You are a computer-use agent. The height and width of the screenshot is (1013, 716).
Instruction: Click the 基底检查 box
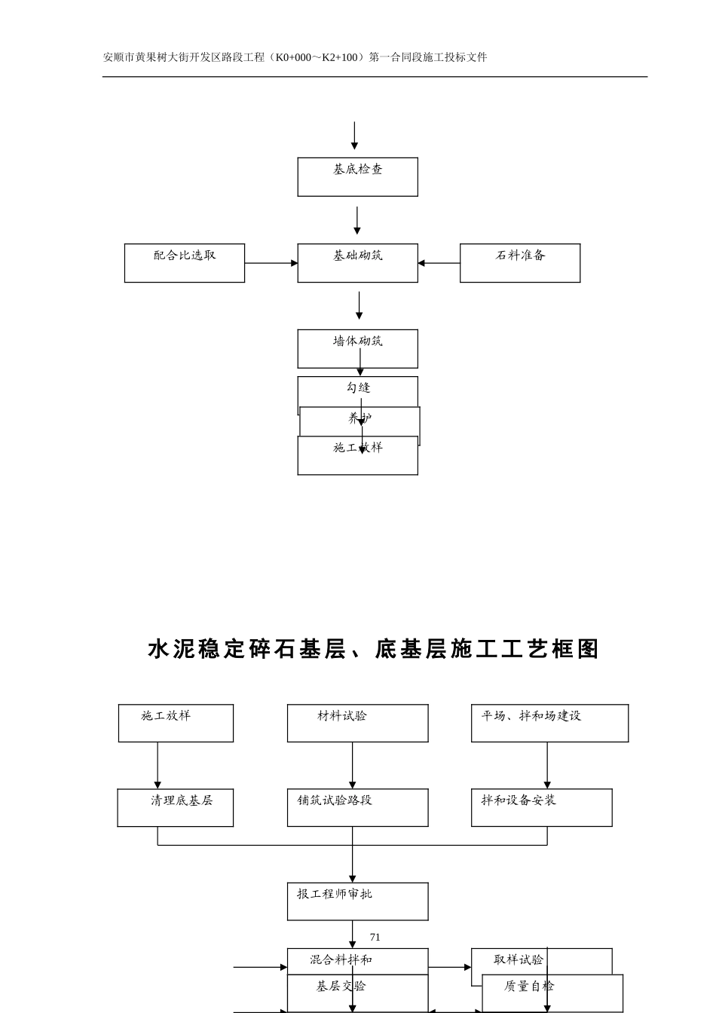357,177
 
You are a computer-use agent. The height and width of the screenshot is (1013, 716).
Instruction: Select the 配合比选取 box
185,263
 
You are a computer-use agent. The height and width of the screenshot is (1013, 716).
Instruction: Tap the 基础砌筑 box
357,263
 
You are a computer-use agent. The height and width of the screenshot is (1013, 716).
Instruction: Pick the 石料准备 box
520,263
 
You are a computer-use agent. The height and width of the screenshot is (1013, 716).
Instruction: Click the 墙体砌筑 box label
357,341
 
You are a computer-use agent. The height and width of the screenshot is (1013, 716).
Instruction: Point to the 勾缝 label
358,388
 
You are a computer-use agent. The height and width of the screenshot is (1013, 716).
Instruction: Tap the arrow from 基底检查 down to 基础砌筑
357,220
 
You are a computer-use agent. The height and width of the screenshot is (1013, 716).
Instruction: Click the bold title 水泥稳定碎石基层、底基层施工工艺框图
373,649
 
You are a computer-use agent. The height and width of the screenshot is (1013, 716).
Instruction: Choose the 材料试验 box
357,723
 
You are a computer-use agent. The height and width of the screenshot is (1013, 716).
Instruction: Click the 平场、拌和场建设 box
549,723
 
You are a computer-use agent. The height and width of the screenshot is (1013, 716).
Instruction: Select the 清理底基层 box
176,807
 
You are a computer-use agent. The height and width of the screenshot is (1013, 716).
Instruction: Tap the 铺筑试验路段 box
357,807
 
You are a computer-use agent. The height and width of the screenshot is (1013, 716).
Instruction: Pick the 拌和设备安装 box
541,807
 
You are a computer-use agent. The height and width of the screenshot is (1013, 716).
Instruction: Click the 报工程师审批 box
357,901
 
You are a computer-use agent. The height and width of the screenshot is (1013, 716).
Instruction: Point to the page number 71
375,937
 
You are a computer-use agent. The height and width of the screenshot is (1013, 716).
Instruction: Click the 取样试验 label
519,960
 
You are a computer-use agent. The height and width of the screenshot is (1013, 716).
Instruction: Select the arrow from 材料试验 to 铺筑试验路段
352,765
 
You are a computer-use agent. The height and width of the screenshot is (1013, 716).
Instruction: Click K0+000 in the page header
293,57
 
